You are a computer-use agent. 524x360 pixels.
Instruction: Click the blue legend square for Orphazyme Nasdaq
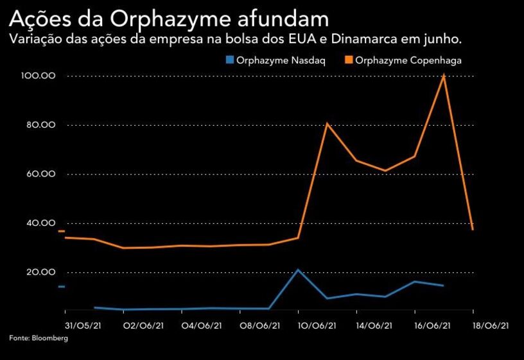pyautogui.click(x=229, y=60)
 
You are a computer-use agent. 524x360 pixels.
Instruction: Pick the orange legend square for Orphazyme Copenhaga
pyautogui.click(x=349, y=60)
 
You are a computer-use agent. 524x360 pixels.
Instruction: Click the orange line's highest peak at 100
pyautogui.click(x=444, y=76)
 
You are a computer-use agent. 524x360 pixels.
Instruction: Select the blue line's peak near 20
pyautogui.click(x=298, y=270)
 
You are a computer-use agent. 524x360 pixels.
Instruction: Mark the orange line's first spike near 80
pyautogui.click(x=327, y=123)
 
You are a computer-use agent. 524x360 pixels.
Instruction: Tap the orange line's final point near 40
pyautogui.click(x=473, y=229)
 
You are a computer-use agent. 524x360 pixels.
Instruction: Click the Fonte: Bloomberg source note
pyautogui.click(x=38, y=338)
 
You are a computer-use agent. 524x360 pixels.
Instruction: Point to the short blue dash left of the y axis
pyautogui.click(x=62, y=286)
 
